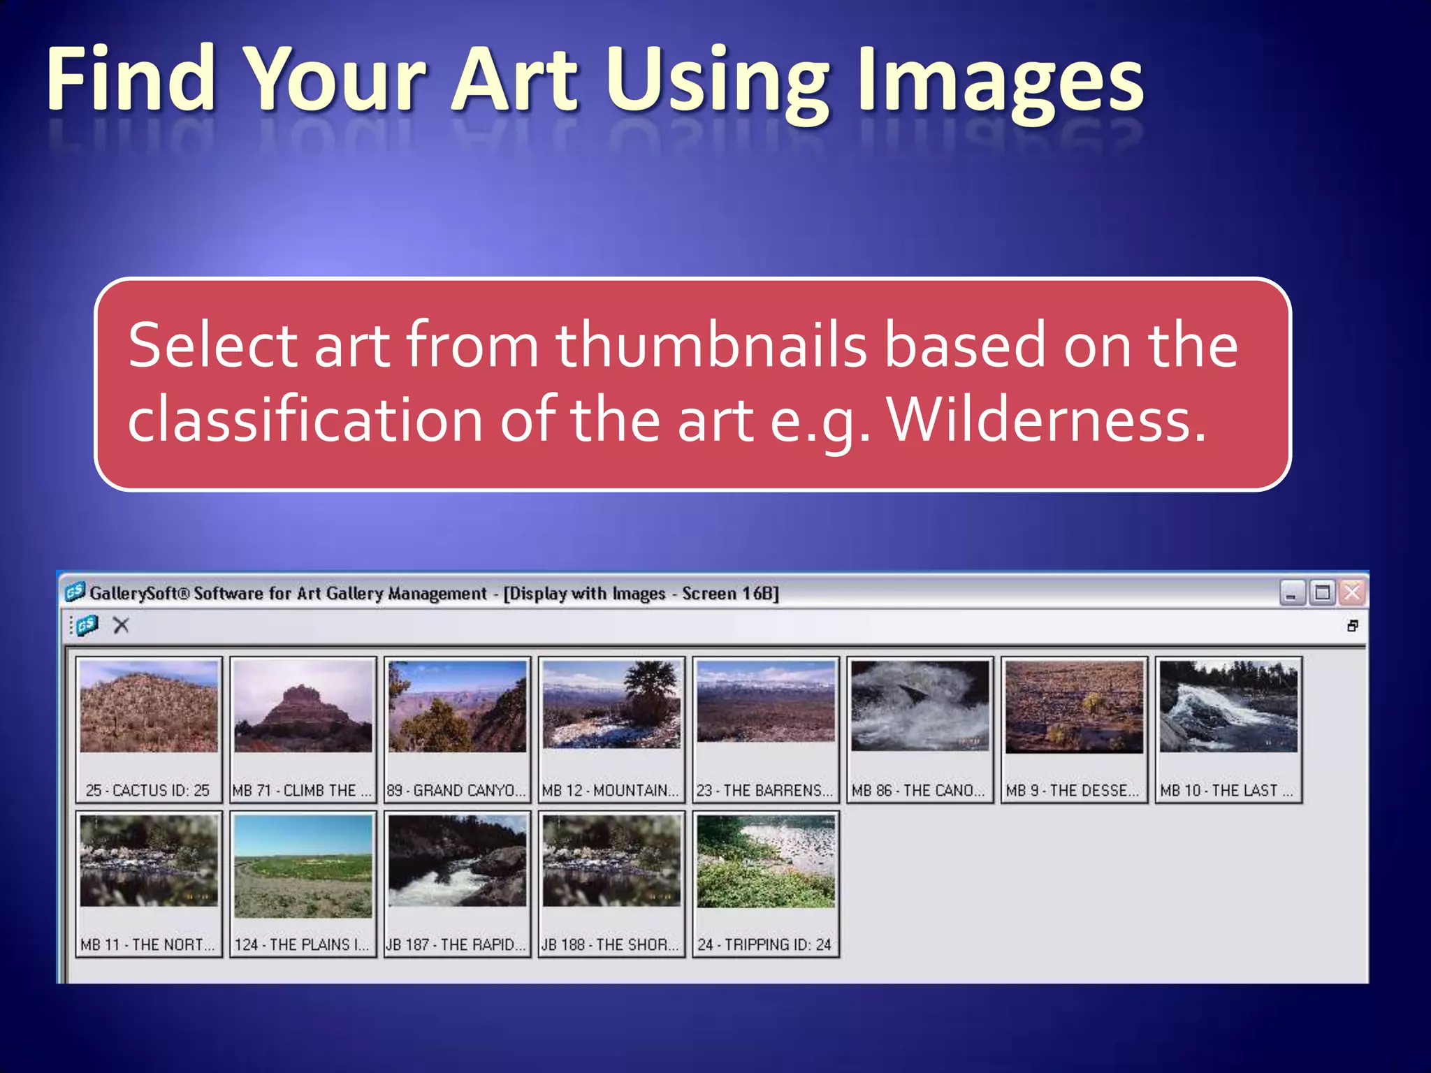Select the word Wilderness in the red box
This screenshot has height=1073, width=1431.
pos(1046,420)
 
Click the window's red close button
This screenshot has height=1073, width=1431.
pos(1352,593)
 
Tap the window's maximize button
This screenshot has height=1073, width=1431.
pos(1322,593)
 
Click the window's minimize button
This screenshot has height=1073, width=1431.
pos(1291,593)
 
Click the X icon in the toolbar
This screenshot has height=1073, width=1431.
pos(121,625)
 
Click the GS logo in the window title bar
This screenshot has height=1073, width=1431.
pos(75,592)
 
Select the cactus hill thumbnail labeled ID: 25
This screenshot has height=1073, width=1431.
pos(149,707)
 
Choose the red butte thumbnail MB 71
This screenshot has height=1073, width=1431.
pos(303,707)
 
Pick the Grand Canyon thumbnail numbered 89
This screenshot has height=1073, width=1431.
pos(458,707)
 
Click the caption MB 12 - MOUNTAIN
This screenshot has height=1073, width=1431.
pos(610,790)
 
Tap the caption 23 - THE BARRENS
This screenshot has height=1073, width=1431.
pos(764,790)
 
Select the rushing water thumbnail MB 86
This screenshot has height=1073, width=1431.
pos(920,707)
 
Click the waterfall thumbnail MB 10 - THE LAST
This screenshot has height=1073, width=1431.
pos(1228,707)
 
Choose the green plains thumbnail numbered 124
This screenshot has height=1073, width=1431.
pos(303,866)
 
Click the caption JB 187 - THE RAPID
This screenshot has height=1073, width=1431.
pos(456,944)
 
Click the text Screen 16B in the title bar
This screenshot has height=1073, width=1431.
pos(729,593)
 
